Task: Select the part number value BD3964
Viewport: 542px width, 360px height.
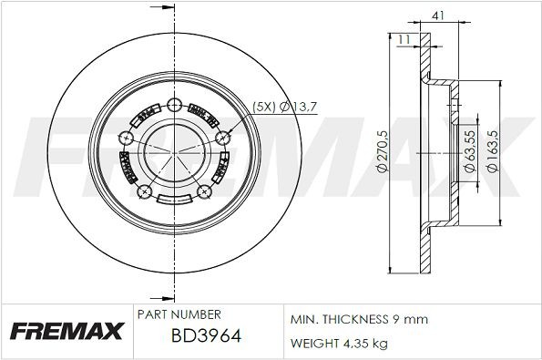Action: (x=206, y=335)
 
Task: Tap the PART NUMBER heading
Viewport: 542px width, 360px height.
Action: (x=178, y=314)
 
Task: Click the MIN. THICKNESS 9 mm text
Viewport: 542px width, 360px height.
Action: (x=358, y=320)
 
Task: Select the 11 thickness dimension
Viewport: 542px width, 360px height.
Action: (x=403, y=37)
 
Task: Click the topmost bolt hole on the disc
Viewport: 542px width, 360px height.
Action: (x=174, y=103)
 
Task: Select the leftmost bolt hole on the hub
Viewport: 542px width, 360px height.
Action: (x=125, y=138)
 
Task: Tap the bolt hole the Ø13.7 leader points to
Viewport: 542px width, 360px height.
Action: (x=222, y=138)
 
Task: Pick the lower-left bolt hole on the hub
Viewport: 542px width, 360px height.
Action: (x=143, y=192)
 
